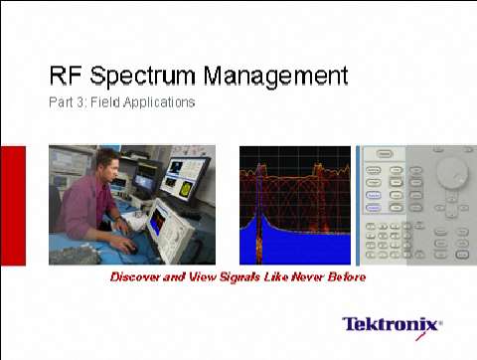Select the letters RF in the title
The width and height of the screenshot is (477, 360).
click(x=66, y=76)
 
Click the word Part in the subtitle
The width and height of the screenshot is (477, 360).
click(x=60, y=101)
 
